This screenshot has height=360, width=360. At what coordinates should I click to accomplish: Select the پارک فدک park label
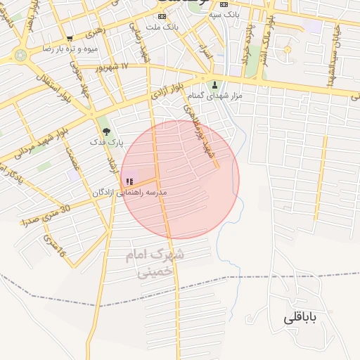pos(106,142)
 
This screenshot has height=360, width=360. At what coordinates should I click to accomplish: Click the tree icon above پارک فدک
pos(106,131)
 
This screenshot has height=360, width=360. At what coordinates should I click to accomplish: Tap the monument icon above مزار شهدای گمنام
pos(215,84)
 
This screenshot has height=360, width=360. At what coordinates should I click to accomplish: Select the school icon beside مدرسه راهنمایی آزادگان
pos(129,181)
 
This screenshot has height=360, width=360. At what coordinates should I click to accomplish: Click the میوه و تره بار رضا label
pos(69,49)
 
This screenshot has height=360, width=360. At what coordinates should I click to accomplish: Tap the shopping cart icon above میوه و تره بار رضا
pos(69,39)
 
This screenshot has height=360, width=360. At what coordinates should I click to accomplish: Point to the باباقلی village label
pos(301,318)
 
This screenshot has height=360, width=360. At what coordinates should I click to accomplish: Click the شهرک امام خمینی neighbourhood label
pos(155,264)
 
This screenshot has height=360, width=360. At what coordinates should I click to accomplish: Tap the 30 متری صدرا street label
pos(46,214)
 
